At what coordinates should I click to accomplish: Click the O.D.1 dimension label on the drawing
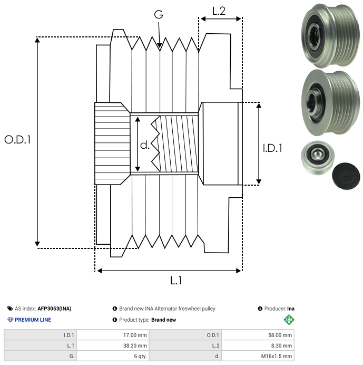(17, 140)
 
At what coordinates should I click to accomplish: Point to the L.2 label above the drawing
(219, 11)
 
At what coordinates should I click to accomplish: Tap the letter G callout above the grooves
(159, 14)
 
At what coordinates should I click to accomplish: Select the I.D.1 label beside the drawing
(272, 148)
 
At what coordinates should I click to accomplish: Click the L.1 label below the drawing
(176, 281)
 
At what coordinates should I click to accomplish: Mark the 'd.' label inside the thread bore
(145, 145)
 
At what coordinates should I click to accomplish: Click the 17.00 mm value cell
(113, 335)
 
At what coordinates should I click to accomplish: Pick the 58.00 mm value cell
(258, 335)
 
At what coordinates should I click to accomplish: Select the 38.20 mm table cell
(113, 345)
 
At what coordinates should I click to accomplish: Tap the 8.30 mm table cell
(258, 345)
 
